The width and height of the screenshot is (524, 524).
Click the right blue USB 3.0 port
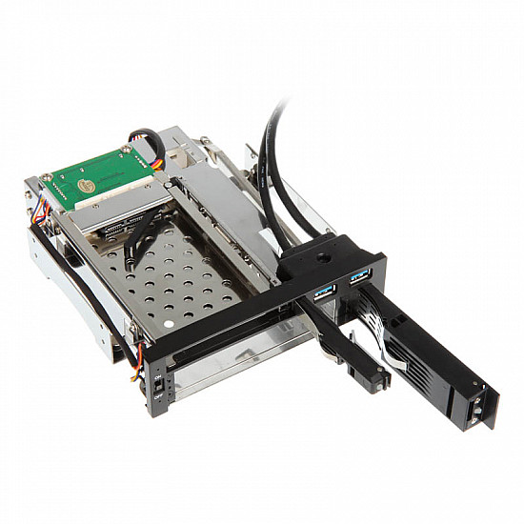pyautogui.click(x=359, y=276)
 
